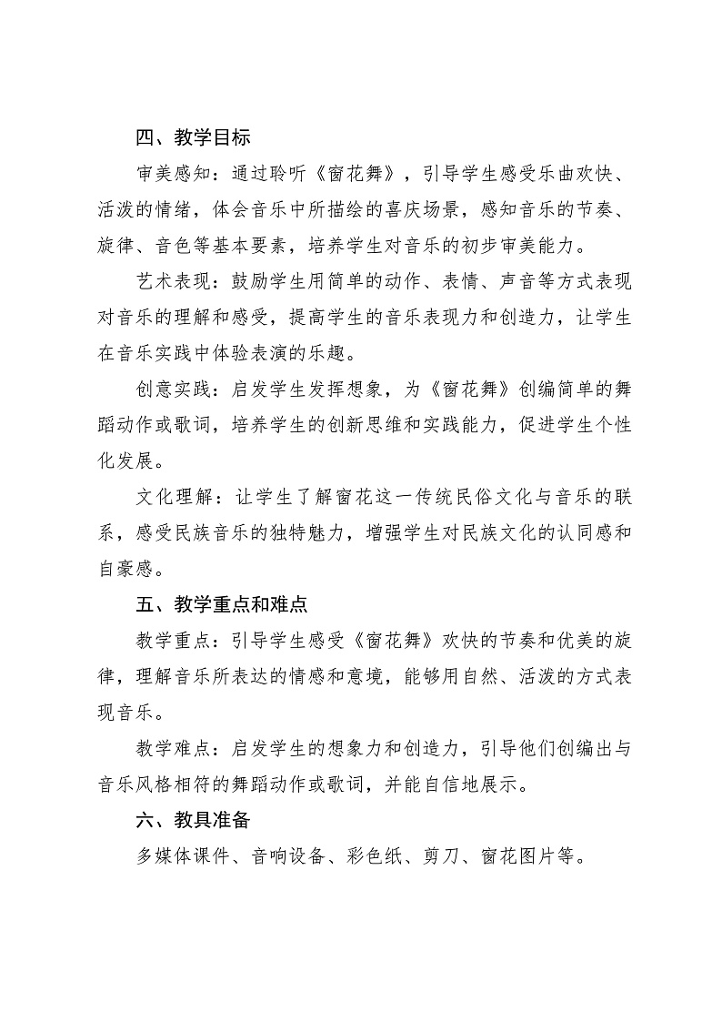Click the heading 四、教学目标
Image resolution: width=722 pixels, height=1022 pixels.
tap(193, 139)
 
